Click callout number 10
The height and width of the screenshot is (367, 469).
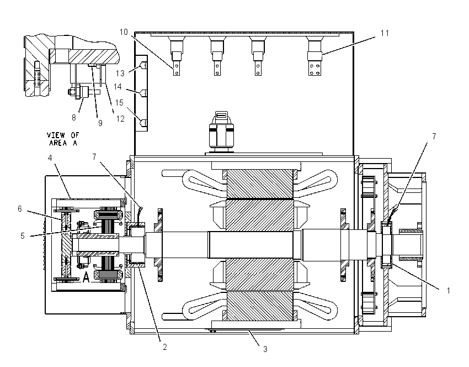tap(124, 32)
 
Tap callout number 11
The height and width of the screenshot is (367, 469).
tap(385, 33)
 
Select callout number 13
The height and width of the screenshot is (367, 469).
tap(120, 73)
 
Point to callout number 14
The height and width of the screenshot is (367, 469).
tap(118, 87)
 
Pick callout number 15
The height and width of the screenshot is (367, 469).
tap(119, 103)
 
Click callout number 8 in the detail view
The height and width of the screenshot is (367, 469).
tap(74, 118)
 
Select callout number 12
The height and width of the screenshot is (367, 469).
tap(120, 119)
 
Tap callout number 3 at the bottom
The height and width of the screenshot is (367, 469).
tap(265, 349)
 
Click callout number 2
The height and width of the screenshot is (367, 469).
tap(164, 347)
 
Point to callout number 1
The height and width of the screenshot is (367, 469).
tap(448, 291)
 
